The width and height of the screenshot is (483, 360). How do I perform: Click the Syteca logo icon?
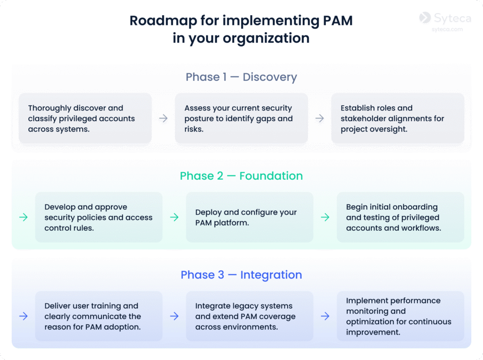pos(425,17)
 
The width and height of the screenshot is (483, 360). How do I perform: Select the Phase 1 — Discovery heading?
pos(241,77)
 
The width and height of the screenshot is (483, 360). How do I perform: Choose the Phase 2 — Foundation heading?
pos(241,176)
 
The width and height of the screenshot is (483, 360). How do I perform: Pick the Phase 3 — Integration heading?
pos(241,275)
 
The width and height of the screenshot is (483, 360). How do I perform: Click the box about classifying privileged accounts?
pos(85,118)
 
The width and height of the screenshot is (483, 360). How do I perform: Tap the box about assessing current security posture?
pos(241,118)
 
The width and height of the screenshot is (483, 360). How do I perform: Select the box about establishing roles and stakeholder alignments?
pos(398,118)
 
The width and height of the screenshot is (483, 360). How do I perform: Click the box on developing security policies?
pos(99,217)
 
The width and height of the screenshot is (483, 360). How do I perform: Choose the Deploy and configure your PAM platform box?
pos(250,217)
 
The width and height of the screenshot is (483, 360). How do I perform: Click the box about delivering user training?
pos(99,316)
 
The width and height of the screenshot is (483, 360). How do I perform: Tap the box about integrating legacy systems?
pos(250,316)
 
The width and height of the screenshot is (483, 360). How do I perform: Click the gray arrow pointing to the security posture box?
pos(163,118)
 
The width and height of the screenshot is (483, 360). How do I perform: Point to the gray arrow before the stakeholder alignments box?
pos(319,118)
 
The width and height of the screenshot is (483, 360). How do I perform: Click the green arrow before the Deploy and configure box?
pos(174,217)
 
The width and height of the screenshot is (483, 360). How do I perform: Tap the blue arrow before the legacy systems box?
pos(174,316)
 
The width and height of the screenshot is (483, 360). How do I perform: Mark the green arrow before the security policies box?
pos(23,217)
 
